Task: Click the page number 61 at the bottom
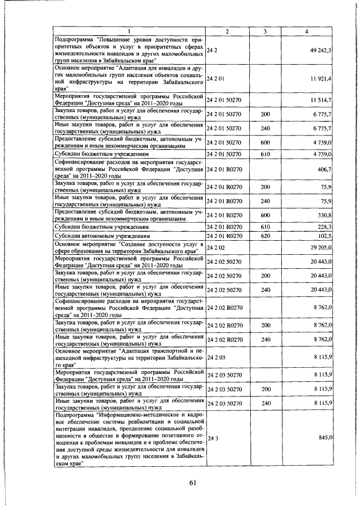[192, 482]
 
